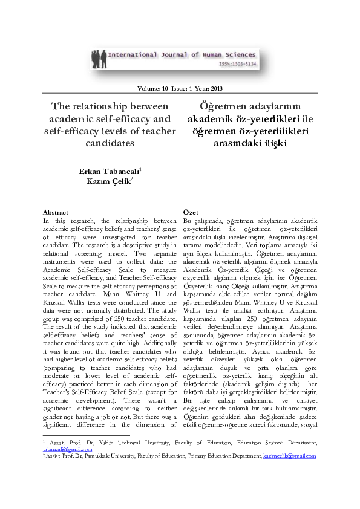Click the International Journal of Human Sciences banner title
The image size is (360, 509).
(x=182, y=55)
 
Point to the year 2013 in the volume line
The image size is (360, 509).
(x=215, y=89)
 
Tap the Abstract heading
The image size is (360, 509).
(x=56, y=213)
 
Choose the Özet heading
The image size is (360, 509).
(x=190, y=213)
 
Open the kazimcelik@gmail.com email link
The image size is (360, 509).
(x=289, y=456)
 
